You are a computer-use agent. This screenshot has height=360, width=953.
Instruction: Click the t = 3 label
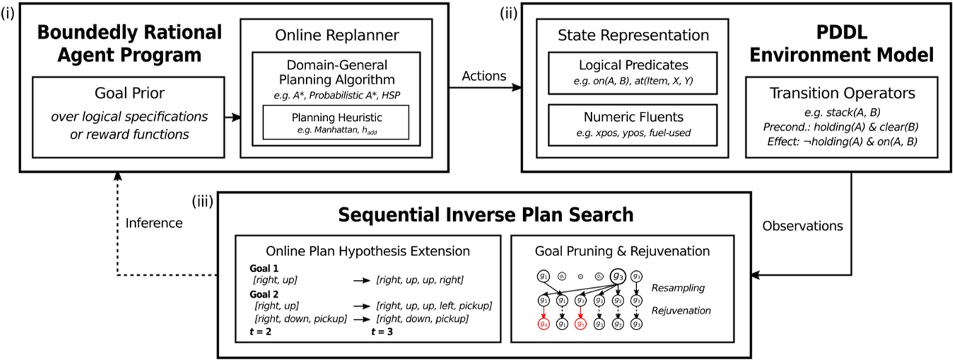385,330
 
